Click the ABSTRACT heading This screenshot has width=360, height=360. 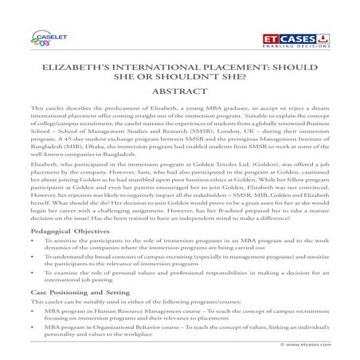[x=179, y=93]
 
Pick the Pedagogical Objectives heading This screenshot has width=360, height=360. [x=64, y=228]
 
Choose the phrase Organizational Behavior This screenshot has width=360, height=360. [x=120, y=327]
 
